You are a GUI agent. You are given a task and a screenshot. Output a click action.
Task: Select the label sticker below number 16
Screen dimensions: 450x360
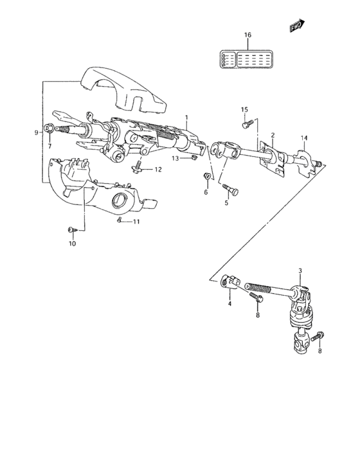(x=248, y=59)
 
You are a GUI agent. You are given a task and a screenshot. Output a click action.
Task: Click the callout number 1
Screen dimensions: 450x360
(x=186, y=118)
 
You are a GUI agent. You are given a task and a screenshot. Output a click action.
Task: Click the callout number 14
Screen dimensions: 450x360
(x=304, y=138)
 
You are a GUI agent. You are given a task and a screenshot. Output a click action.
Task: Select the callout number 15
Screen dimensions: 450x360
(x=244, y=109)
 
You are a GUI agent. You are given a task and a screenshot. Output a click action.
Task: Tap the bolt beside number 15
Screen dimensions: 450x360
(x=246, y=123)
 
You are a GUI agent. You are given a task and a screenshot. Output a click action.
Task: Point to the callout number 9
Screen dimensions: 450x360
(x=36, y=133)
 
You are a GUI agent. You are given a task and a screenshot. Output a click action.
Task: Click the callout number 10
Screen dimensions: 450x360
(x=71, y=244)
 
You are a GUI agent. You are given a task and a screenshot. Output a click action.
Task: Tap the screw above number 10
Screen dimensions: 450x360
(x=70, y=229)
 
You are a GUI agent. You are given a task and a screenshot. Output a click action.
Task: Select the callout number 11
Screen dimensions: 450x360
(x=136, y=222)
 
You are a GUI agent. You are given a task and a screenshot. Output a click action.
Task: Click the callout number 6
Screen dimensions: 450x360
(x=206, y=192)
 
